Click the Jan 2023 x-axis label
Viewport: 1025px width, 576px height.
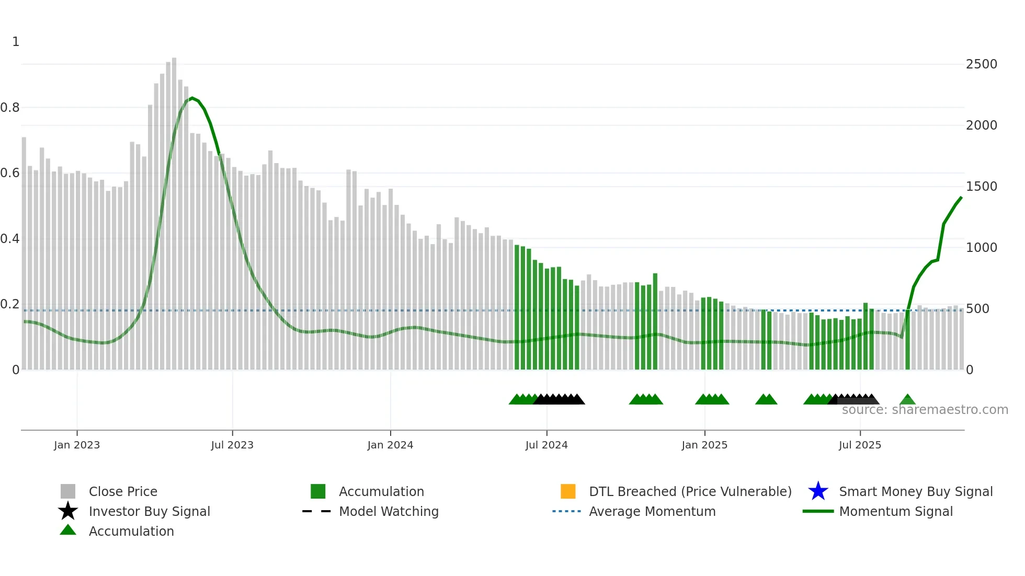point(76,445)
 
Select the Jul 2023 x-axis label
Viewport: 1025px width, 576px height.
point(232,445)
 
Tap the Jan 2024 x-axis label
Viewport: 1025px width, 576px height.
point(390,445)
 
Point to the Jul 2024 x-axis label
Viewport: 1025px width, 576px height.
point(546,445)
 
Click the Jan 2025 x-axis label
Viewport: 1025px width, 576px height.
point(704,445)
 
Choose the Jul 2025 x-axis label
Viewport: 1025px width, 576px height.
point(860,445)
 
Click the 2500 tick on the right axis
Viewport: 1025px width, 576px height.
point(981,64)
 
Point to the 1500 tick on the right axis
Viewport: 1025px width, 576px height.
point(981,187)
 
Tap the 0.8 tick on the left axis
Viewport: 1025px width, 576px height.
point(10,108)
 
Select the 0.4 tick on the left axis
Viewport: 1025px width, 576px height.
point(10,239)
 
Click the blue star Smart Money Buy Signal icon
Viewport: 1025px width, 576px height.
point(818,491)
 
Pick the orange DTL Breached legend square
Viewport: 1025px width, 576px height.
point(568,491)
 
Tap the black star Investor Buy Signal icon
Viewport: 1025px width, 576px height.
point(68,511)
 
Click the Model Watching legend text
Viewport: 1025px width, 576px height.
point(389,511)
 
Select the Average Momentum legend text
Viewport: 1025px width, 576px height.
point(652,511)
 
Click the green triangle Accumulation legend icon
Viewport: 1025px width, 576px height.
point(68,530)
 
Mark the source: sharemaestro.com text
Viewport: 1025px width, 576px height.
point(925,410)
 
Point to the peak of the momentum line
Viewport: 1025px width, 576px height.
point(192,98)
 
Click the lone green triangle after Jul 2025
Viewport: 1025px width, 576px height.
point(907,400)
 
